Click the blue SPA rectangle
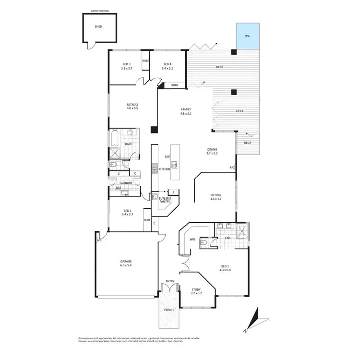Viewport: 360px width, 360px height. tap(247, 36)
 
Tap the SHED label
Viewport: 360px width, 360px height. tap(98, 27)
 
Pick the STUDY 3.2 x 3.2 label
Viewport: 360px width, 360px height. tap(196, 291)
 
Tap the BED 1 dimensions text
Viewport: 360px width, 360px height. tap(226, 270)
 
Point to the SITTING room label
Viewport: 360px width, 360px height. tap(216, 197)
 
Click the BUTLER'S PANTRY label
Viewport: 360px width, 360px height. tap(161, 200)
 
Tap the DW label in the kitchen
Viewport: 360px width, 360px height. tap(167, 156)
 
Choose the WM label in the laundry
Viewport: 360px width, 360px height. tap(118, 188)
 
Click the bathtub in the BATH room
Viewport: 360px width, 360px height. tap(114, 139)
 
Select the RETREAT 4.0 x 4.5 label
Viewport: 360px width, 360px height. tap(132, 106)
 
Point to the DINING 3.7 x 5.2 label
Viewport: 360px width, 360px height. tap(212, 151)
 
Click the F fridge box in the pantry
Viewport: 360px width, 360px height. tap(174, 192)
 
